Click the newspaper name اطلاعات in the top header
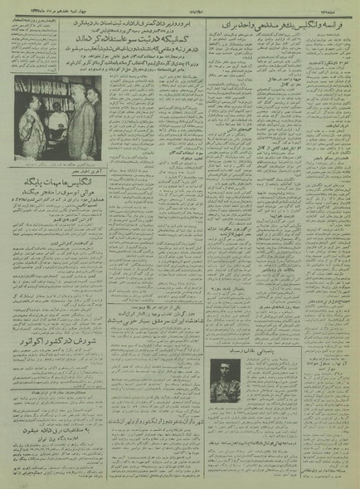179,11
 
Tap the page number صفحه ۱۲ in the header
331,11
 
